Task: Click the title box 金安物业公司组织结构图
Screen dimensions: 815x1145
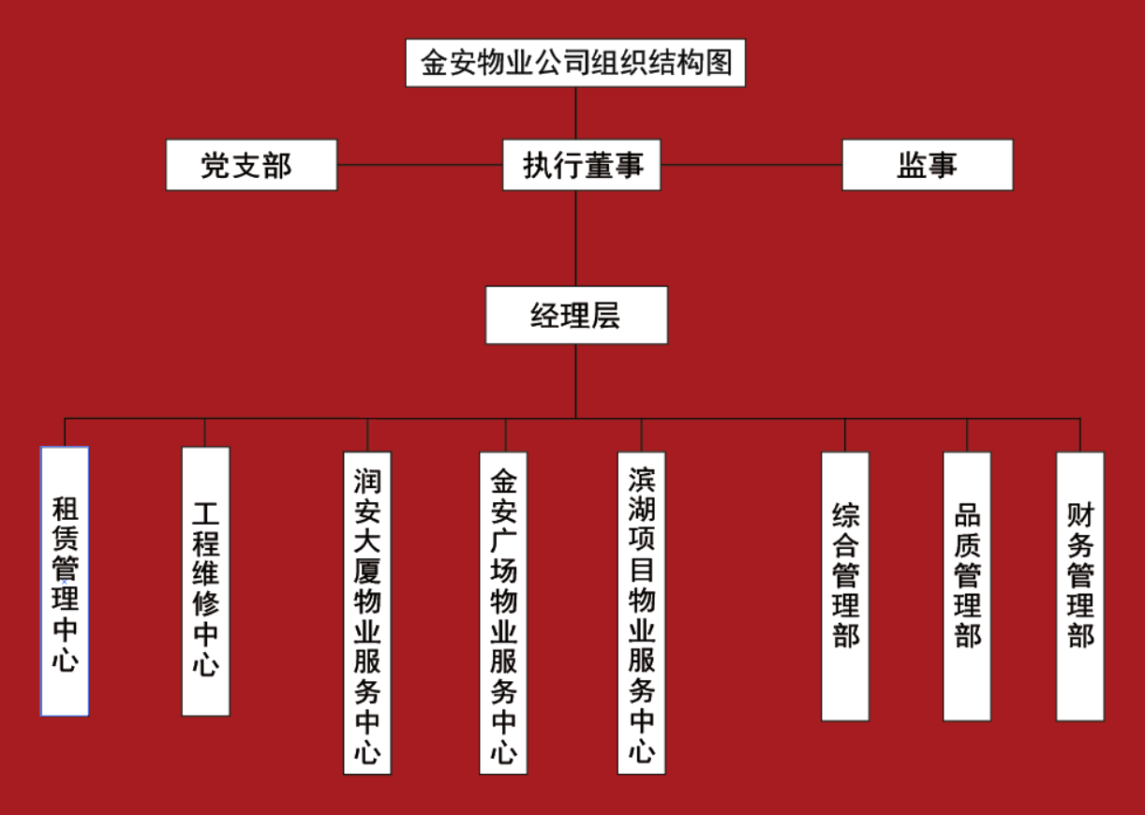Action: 575,63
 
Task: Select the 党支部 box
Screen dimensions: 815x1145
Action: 251,165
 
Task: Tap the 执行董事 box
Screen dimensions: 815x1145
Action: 581,165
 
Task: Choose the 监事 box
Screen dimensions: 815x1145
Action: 927,165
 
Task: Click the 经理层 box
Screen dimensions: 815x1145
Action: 576,315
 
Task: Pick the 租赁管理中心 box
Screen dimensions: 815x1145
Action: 65,581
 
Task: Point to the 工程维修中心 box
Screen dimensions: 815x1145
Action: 205,581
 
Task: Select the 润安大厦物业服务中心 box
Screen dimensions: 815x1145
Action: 367,613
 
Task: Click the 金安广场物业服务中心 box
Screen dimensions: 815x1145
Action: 503,613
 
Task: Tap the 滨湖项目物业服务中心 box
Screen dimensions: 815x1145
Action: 642,613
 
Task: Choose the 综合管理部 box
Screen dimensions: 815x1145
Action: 845,586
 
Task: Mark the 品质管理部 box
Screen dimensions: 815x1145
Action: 967,586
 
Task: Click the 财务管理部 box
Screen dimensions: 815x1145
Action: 1080,586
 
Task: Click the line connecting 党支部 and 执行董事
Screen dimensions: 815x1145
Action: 419,165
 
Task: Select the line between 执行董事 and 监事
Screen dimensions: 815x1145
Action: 751,165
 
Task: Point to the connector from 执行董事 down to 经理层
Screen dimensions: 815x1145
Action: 576,238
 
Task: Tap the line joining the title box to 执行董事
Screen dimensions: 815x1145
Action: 576,112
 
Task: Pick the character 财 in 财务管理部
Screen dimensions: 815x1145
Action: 1080,515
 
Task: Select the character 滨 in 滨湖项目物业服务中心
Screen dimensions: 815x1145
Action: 642,480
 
